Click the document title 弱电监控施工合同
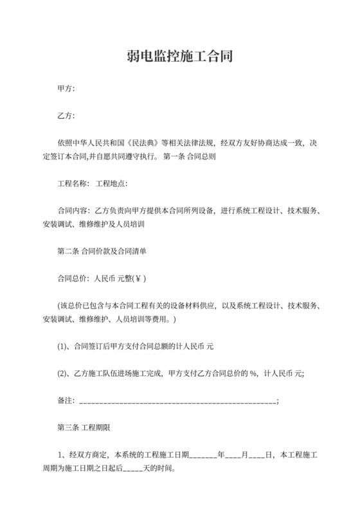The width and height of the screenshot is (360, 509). (179, 56)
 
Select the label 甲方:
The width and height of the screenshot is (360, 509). (66, 89)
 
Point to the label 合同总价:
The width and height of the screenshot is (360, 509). (74, 279)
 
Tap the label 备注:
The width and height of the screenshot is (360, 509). (66, 400)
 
